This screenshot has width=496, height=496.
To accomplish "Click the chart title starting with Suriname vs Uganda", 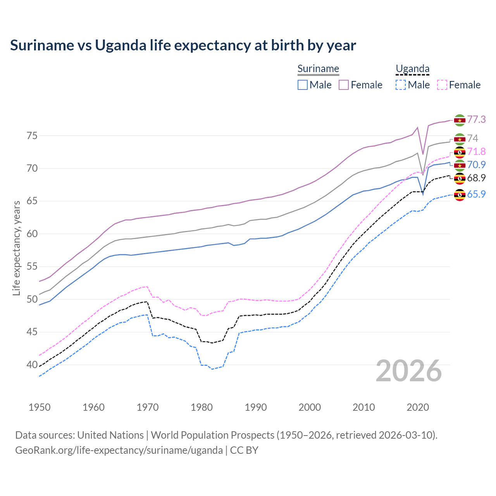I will tap(183, 45).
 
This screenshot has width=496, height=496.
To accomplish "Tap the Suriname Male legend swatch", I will tap(303, 85).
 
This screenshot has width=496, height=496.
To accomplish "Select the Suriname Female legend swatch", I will tap(344, 85).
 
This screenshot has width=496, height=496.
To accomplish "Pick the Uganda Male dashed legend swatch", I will tap(401, 85).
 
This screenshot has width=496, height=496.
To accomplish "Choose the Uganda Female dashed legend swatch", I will tap(442, 85).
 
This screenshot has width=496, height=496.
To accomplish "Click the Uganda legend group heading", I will tap(412, 69).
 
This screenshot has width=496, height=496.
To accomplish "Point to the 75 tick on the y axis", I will tap(32, 136).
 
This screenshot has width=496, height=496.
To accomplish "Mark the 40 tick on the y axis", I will tap(32, 365).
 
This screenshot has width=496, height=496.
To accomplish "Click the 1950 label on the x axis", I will tap(40, 407).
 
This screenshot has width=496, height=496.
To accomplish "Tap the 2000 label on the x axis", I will tap(310, 407).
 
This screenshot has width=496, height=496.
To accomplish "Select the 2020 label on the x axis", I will tap(418, 407).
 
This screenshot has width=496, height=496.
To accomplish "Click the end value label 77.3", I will tap(476, 119).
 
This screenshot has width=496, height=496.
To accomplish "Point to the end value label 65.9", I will tap(476, 194).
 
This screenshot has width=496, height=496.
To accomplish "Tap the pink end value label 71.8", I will tap(476, 152).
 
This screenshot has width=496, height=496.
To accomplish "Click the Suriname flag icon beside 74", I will tap(460, 139).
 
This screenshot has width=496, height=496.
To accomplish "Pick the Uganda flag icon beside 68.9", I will tap(460, 178).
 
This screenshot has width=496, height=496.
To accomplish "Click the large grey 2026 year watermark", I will tap(409, 371).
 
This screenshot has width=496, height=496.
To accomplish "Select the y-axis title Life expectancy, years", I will tap(16, 248).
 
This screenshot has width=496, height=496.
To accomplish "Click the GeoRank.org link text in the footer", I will tap(119, 450).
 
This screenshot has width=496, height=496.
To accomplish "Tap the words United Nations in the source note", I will tap(110, 435).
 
